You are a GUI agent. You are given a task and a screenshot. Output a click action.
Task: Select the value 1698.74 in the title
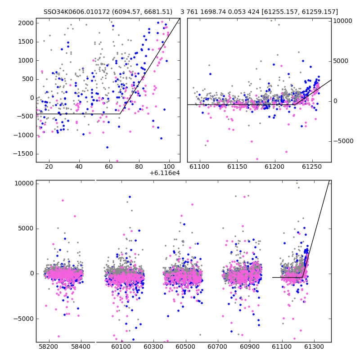pyautogui.click(x=213, y=12)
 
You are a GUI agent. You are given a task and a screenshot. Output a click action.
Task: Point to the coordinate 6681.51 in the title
pyautogui.click(x=158, y=12)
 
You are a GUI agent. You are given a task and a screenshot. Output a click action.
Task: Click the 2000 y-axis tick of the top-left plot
pyautogui.click(x=26, y=23)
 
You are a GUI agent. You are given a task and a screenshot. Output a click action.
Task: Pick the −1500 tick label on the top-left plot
pyautogui.click(x=23, y=154)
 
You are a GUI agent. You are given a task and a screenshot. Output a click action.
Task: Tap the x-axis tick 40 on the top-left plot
pyautogui.click(x=79, y=166)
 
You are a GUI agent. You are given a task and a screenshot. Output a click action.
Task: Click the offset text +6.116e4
pyautogui.click(x=165, y=173)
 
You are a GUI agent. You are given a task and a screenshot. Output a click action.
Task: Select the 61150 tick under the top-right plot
pyautogui.click(x=237, y=166)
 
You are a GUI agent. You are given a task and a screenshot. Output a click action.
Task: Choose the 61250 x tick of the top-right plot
pyautogui.click(x=312, y=166)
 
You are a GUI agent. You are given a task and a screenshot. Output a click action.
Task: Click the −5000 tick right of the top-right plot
pyautogui.click(x=343, y=141)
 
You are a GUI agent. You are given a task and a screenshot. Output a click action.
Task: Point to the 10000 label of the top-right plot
pyautogui.click(x=342, y=21)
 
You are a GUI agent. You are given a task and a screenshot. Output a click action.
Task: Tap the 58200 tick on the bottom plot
pyautogui.click(x=49, y=346)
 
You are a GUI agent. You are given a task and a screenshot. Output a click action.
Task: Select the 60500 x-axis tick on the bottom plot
pyautogui.click(x=185, y=346)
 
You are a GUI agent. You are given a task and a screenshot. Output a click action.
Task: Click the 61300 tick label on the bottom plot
pyautogui.click(x=314, y=346)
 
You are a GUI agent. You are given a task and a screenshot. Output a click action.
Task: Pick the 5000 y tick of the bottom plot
pyautogui.click(x=26, y=229)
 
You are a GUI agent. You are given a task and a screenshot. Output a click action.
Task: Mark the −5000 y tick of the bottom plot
pyautogui.click(x=23, y=319)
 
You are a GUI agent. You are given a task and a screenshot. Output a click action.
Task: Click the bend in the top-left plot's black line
pyautogui.click(x=120, y=114)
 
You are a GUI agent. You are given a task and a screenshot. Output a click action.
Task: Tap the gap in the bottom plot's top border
pyautogui.click(x=95, y=180)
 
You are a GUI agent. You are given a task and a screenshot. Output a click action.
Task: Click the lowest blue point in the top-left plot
pyautogui.click(x=107, y=148)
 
